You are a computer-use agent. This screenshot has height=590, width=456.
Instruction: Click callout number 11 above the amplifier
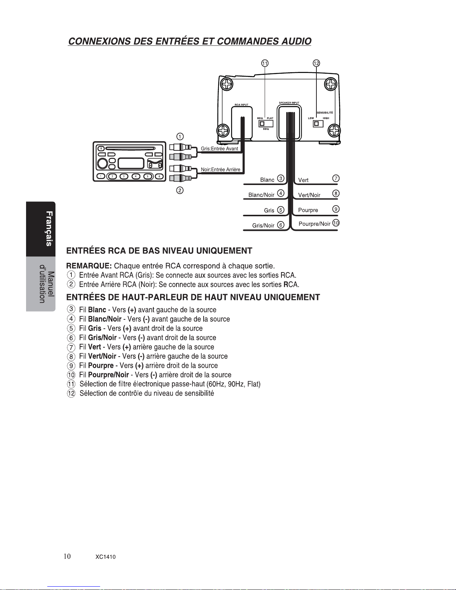(265, 63)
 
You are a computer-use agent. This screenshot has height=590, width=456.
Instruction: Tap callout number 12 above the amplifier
(316, 63)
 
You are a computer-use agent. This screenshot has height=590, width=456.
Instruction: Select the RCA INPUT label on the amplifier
(241, 105)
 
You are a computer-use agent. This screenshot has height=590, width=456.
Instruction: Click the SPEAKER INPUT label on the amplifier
(289, 103)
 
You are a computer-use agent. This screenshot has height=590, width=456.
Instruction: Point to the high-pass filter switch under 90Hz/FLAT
(266, 123)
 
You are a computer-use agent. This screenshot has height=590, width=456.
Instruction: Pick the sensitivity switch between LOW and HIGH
(318, 123)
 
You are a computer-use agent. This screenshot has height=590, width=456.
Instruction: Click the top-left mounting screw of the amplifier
(226, 85)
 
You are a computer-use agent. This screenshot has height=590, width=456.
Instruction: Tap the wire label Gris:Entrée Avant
(219, 149)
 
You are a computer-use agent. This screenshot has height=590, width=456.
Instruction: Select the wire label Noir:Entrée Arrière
(220, 169)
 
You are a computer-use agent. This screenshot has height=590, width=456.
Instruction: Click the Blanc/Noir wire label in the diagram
(261, 195)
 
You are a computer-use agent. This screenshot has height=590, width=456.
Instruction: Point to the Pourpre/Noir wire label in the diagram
(315, 224)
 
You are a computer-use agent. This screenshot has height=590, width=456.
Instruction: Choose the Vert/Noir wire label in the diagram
(309, 195)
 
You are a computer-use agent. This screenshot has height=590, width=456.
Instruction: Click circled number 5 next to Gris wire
(281, 210)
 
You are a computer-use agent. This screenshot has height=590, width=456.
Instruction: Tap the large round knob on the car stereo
(102, 163)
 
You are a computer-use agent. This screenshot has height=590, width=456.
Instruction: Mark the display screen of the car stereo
(131, 163)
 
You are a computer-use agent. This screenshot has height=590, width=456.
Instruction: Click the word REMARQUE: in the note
(89, 266)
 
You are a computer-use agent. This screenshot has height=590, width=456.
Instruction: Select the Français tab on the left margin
(49, 229)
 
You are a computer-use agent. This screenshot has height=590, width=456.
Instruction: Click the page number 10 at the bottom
(67, 556)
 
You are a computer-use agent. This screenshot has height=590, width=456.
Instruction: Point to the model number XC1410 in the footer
(105, 557)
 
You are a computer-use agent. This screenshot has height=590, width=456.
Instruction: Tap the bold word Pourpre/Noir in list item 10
(108, 375)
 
